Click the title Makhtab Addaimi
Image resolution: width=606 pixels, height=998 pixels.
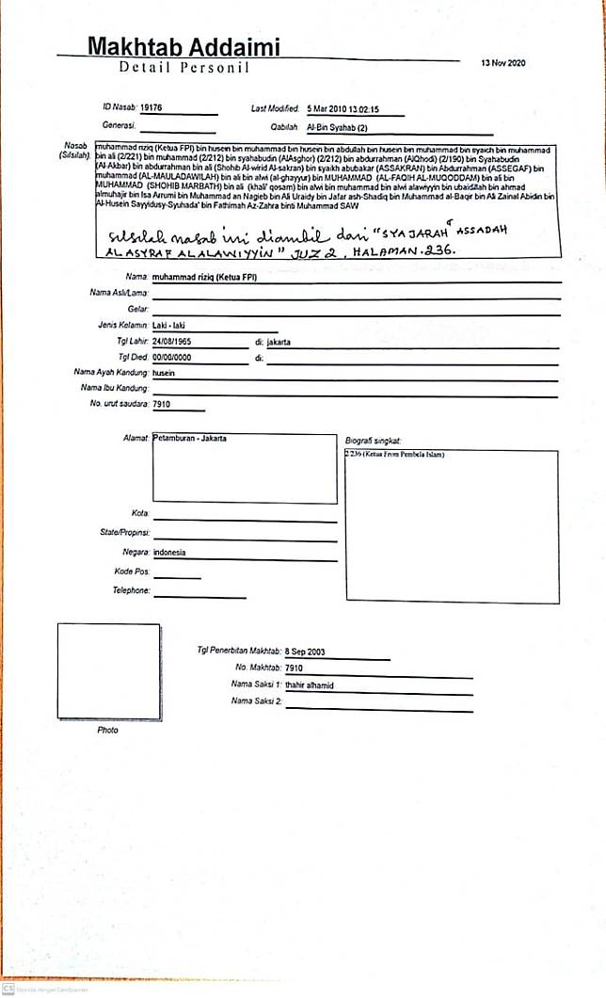coord(183,46)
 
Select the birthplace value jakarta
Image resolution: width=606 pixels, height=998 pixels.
coord(279,342)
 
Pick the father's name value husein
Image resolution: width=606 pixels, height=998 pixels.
coord(165,373)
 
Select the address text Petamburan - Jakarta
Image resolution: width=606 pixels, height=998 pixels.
coord(190,439)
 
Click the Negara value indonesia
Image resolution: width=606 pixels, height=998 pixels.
coord(170,552)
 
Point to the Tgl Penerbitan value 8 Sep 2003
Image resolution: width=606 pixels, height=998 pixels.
coord(309,652)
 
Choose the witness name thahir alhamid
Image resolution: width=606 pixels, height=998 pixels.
coord(311,685)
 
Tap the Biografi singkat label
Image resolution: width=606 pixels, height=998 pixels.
coord(374,440)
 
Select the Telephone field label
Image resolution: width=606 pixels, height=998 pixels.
coord(131,590)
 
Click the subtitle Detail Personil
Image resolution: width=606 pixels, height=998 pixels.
coord(183,68)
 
